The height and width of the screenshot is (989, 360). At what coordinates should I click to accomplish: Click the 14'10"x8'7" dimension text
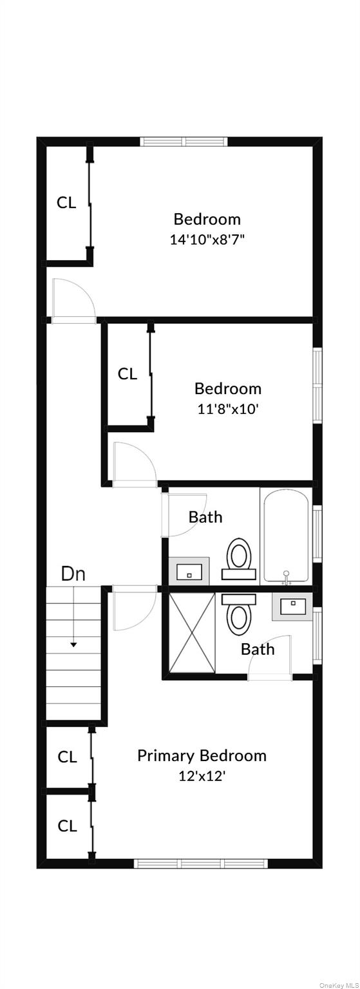point(207,240)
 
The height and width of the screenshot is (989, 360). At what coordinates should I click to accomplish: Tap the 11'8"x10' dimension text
point(227,409)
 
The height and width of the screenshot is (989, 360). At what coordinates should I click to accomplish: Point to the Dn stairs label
point(73,574)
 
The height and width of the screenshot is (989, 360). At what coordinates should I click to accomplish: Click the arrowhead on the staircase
point(74,645)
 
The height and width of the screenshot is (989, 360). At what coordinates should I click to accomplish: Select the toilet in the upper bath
point(239,558)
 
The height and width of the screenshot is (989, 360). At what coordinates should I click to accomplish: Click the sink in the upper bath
point(189,571)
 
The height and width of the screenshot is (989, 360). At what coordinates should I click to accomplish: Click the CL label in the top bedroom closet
point(66,203)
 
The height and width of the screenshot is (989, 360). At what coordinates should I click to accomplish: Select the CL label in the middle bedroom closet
point(128,374)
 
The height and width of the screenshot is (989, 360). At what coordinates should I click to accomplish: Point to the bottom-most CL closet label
point(67,825)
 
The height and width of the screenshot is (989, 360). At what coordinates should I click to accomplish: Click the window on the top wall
point(185,142)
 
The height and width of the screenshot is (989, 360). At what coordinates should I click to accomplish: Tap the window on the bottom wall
point(201,863)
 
